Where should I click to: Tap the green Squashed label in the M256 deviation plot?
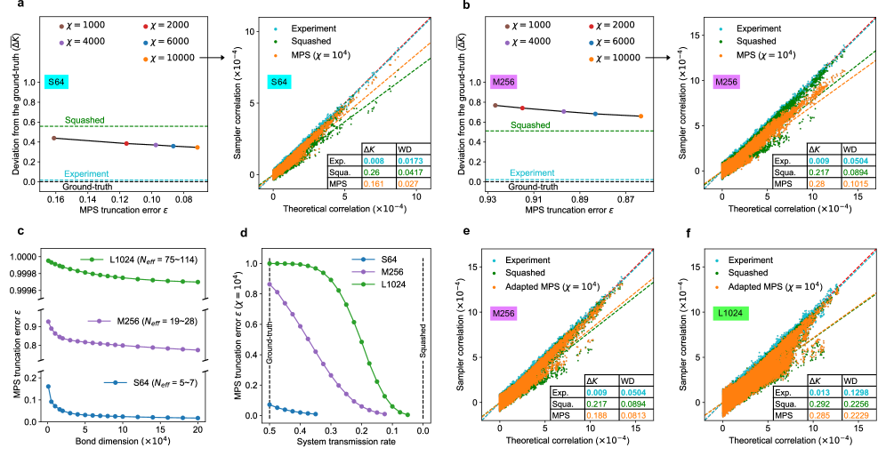coord(524,124)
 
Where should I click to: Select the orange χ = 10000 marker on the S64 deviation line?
coord(197,148)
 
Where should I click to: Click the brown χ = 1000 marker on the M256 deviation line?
coord(495,105)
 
